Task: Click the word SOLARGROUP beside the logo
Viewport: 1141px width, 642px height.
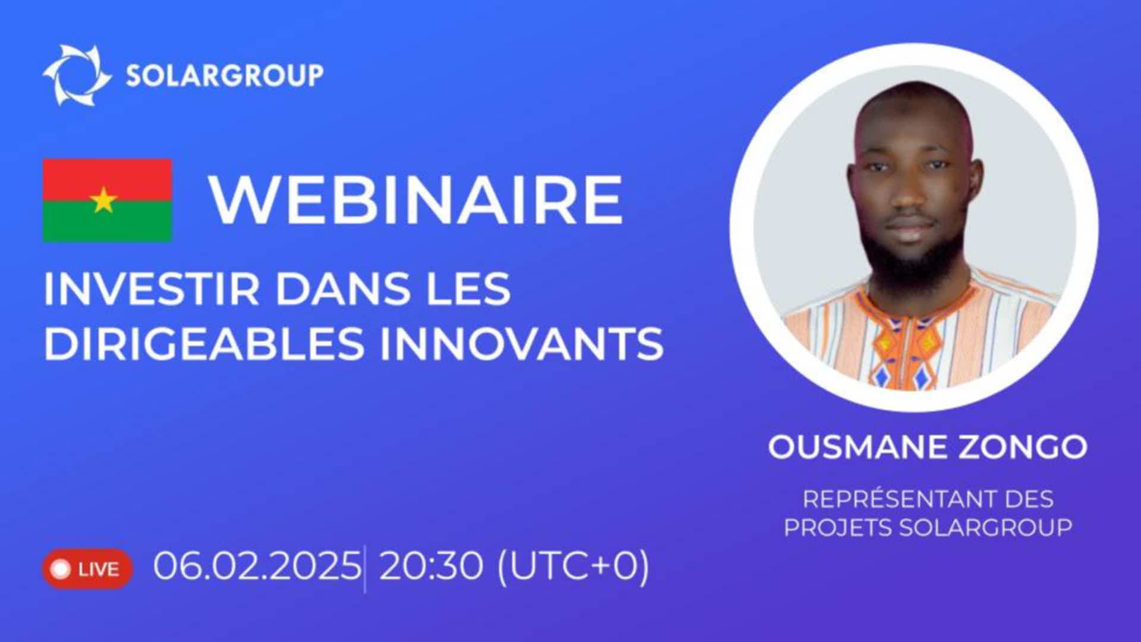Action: click(x=225, y=75)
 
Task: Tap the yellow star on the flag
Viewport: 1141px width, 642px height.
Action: click(x=104, y=200)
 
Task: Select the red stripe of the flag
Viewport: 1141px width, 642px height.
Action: click(x=107, y=180)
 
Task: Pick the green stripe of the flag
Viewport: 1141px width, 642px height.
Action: click(x=107, y=221)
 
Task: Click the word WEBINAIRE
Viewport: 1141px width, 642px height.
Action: click(x=416, y=200)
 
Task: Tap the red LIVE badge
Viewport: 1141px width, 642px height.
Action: click(x=87, y=569)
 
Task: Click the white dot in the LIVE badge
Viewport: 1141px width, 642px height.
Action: click(x=61, y=569)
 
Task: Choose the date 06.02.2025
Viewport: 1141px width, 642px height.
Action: click(x=257, y=566)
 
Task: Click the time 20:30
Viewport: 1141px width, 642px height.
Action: click(x=431, y=566)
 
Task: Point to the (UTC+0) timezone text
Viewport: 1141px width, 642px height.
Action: click(x=572, y=567)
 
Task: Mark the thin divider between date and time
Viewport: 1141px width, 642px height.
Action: click(x=364, y=568)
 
